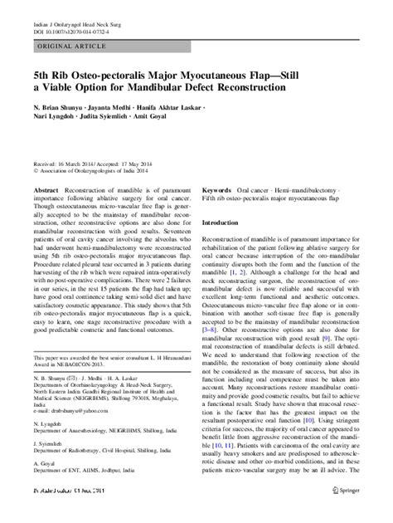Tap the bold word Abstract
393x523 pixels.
(x=46, y=192)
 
